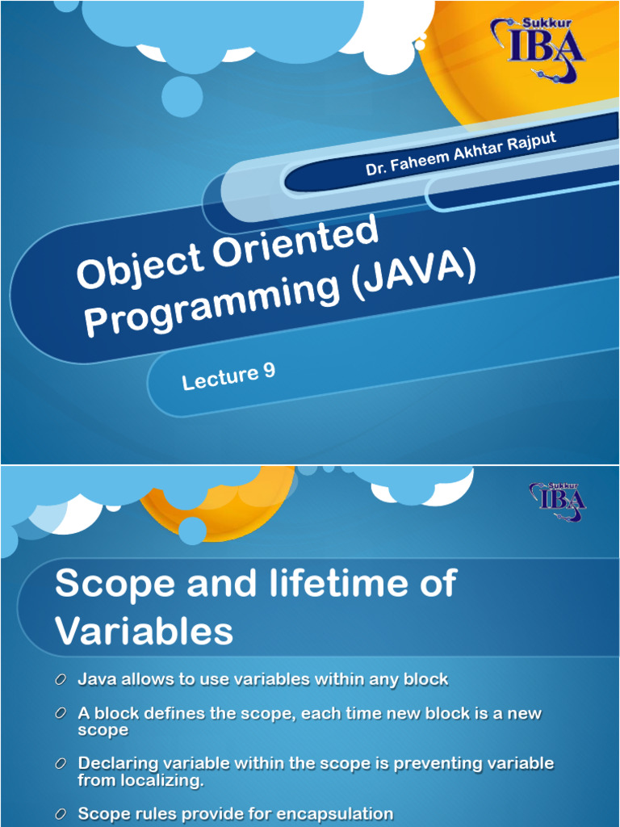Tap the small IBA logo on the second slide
[x=558, y=500]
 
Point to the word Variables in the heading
[x=144, y=630]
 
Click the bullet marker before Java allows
[x=61, y=681]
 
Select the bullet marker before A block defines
[x=61, y=714]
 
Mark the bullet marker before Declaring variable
[x=61, y=763]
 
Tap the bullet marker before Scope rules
[x=61, y=813]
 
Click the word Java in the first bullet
[x=95, y=680]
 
